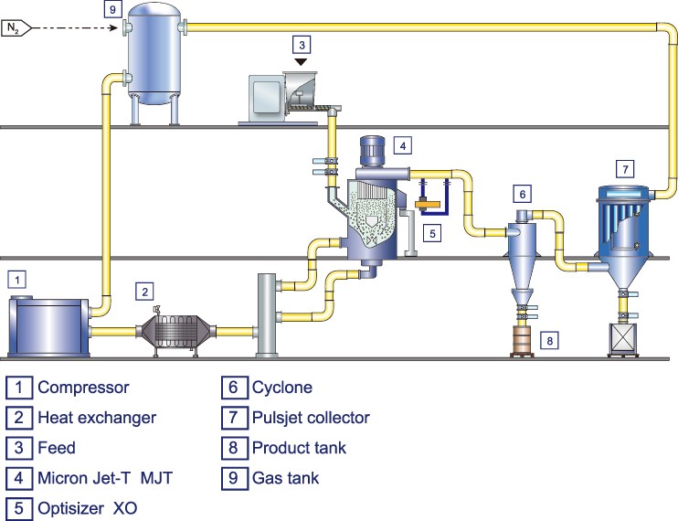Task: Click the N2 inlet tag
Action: (x=16, y=28)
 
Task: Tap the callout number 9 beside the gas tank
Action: (x=113, y=9)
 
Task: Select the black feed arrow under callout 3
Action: (x=301, y=62)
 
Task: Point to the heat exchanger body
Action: (x=175, y=332)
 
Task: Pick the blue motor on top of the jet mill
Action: (x=372, y=151)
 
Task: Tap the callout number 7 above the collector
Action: (x=625, y=169)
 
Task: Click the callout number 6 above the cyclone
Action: (x=523, y=194)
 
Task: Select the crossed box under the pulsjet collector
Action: (x=623, y=338)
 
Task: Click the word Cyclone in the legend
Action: (x=282, y=388)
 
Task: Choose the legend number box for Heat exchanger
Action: (x=19, y=418)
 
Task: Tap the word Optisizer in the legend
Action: (x=71, y=508)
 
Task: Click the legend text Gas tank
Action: (x=285, y=478)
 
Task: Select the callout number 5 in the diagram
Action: (x=432, y=233)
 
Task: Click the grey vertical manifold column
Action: (x=267, y=314)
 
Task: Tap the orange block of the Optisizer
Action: (x=428, y=203)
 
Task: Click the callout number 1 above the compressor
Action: (x=17, y=280)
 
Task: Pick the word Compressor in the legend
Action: (x=83, y=388)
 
